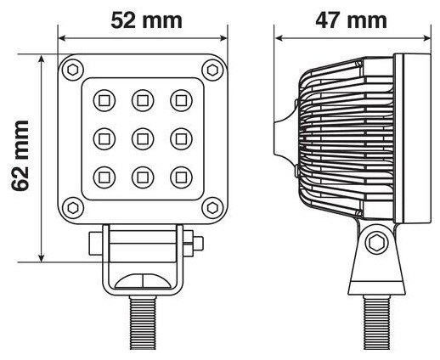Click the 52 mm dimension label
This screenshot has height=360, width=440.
[x=146, y=20]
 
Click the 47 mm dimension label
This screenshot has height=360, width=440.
[x=351, y=20]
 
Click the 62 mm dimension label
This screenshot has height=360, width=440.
[x=20, y=155]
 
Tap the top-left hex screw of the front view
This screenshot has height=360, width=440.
[x=73, y=70]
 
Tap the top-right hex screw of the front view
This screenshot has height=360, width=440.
[x=212, y=70]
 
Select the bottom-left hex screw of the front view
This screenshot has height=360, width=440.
[x=73, y=208]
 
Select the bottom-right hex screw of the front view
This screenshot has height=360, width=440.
[x=212, y=208]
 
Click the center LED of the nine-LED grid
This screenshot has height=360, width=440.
[x=143, y=139]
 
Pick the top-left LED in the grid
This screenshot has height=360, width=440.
[x=104, y=100]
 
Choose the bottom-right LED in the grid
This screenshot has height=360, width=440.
[x=181, y=177]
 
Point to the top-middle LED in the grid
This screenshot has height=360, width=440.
[x=143, y=100]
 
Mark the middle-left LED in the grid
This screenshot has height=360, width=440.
[x=104, y=139]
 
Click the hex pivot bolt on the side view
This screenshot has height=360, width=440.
[x=376, y=243]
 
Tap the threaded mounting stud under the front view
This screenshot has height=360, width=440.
[x=143, y=323]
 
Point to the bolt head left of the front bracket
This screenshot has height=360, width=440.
[x=96, y=244]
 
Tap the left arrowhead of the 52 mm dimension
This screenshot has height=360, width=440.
[x=62, y=38]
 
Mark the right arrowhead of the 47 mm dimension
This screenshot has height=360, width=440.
[x=427, y=38]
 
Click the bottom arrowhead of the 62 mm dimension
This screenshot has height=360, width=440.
[x=42, y=258]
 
